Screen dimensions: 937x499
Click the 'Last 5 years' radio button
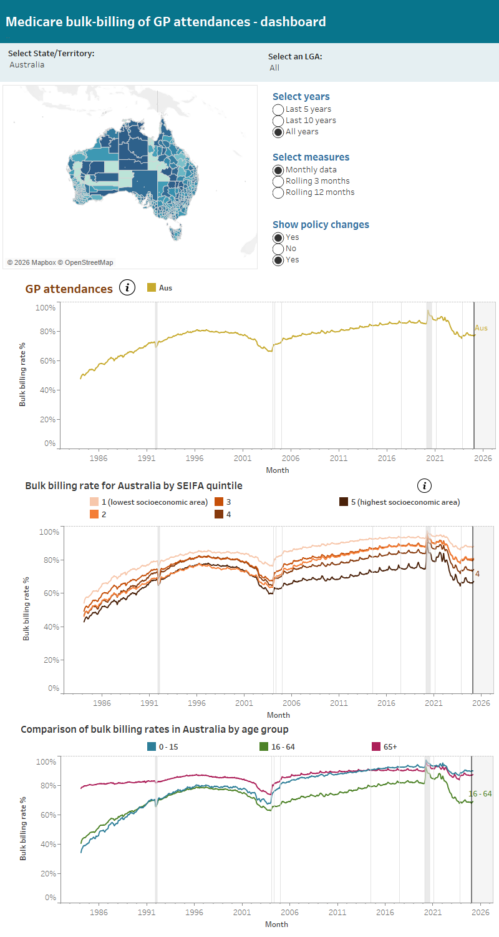click(x=278, y=109)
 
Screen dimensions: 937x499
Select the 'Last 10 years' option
click(x=278, y=121)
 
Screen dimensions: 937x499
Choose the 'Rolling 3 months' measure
click(x=278, y=181)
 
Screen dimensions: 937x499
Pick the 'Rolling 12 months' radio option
click(x=278, y=192)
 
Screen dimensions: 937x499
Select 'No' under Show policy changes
click(x=278, y=249)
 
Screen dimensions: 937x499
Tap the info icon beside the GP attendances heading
click(x=127, y=288)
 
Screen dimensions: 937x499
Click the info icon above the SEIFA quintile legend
click(x=424, y=485)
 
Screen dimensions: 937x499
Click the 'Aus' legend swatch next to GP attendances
click(x=152, y=288)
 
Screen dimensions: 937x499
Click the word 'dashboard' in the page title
click(x=293, y=21)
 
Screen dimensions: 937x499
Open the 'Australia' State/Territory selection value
click(x=27, y=64)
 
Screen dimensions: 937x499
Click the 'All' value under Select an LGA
click(x=274, y=67)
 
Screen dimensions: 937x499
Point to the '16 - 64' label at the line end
click(x=480, y=794)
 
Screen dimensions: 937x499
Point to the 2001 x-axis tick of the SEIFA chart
click(x=244, y=703)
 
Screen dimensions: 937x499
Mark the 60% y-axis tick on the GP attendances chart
click(x=49, y=361)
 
